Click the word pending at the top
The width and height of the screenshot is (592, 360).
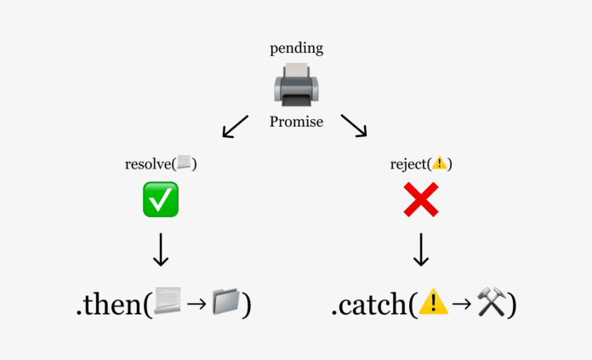(296, 49)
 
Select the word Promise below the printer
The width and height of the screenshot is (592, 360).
(296, 122)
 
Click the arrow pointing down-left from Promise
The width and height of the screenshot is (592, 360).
(235, 126)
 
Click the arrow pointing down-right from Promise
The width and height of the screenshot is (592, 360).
(354, 126)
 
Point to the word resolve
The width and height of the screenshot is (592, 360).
(148, 163)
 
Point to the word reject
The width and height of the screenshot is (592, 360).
(409, 163)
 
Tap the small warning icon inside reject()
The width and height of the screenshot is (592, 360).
(439, 163)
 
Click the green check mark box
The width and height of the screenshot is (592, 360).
(160, 200)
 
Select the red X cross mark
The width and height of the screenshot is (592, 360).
(421, 200)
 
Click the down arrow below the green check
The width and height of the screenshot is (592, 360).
(160, 249)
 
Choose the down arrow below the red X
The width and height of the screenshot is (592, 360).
(421, 249)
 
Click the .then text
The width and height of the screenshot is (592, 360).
(110, 304)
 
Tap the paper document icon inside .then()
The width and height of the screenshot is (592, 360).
(168, 302)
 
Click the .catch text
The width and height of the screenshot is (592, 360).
(370, 304)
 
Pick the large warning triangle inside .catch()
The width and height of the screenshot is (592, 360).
(433, 302)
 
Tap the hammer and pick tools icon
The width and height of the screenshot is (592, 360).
(491, 302)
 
